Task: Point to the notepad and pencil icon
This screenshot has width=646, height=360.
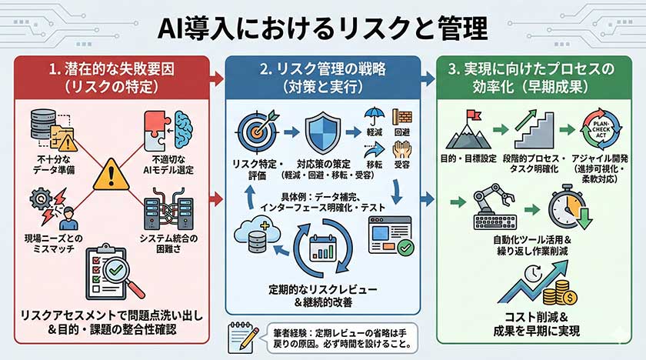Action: pyautogui.click(x=242, y=336)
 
